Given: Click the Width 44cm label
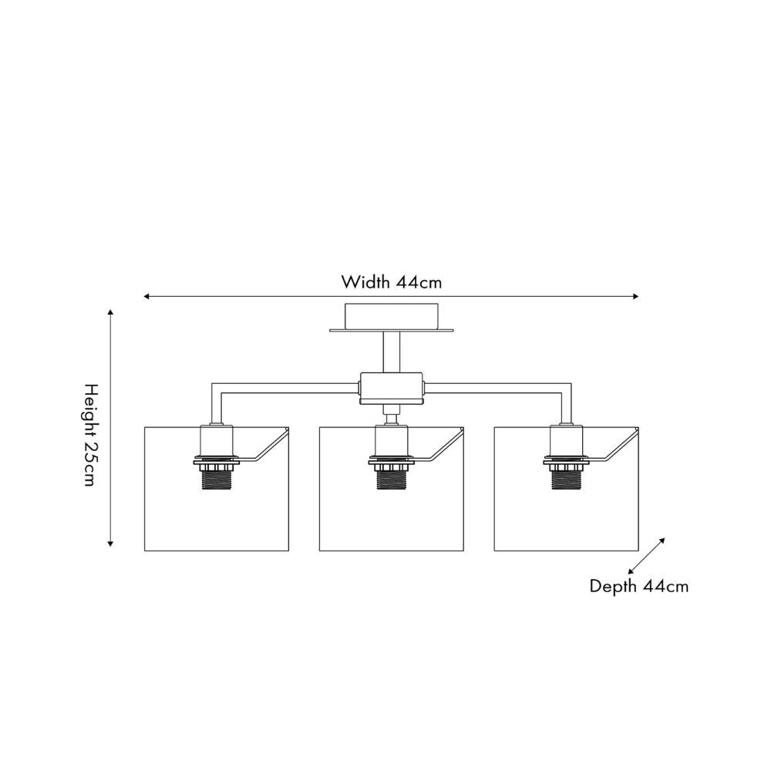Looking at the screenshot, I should pyautogui.click(x=392, y=281).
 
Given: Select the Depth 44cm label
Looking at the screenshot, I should pyautogui.click(x=639, y=586).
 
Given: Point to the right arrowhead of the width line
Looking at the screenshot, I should pyautogui.click(x=635, y=296).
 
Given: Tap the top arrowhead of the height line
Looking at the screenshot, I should pyautogui.click(x=111, y=313).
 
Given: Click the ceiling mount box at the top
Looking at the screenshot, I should pyautogui.click(x=392, y=316).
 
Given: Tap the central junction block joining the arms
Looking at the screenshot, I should pyautogui.click(x=392, y=389).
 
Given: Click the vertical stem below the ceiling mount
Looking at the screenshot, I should pyautogui.click(x=392, y=353).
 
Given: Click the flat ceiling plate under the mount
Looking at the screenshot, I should pyautogui.click(x=392, y=332).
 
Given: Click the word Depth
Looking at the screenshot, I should pyautogui.click(x=614, y=586).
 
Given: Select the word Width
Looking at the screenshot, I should pyautogui.click(x=366, y=281).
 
